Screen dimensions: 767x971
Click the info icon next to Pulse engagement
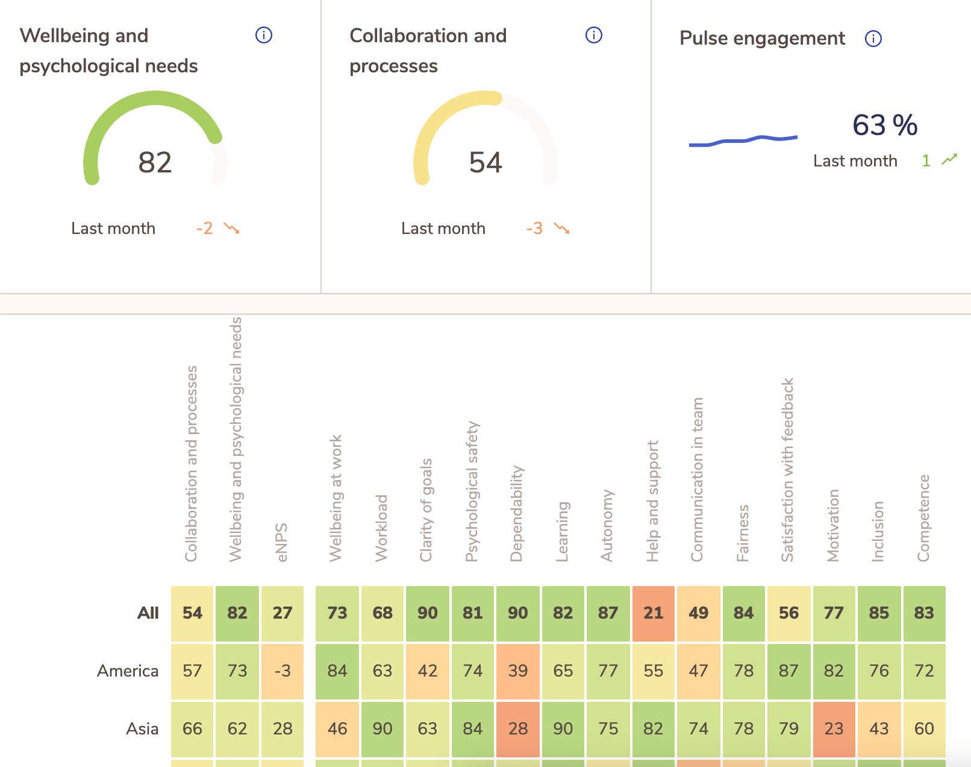point(873,39)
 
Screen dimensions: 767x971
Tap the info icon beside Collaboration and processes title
point(593,36)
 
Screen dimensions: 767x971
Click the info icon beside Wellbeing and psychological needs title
point(264,36)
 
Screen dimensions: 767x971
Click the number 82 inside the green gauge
point(155,162)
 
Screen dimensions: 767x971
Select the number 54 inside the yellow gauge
point(485,162)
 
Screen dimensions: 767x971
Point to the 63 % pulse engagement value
point(884,125)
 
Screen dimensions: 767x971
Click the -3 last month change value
point(534,229)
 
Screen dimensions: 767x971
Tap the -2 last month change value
point(205,229)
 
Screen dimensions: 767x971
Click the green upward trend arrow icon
point(949,160)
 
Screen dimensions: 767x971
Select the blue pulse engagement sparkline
point(743,140)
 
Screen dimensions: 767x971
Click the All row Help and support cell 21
point(653,613)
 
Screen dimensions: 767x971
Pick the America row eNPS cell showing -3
point(282,671)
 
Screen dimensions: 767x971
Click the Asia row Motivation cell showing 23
point(834,729)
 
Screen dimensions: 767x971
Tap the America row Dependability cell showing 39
point(517,671)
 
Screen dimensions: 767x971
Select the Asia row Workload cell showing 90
point(382,729)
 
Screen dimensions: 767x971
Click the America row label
point(128,671)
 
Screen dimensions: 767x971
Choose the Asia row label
point(142,729)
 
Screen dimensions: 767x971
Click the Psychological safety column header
point(472,491)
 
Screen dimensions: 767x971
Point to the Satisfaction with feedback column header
point(788,470)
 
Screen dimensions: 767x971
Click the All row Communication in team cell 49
point(698,613)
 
